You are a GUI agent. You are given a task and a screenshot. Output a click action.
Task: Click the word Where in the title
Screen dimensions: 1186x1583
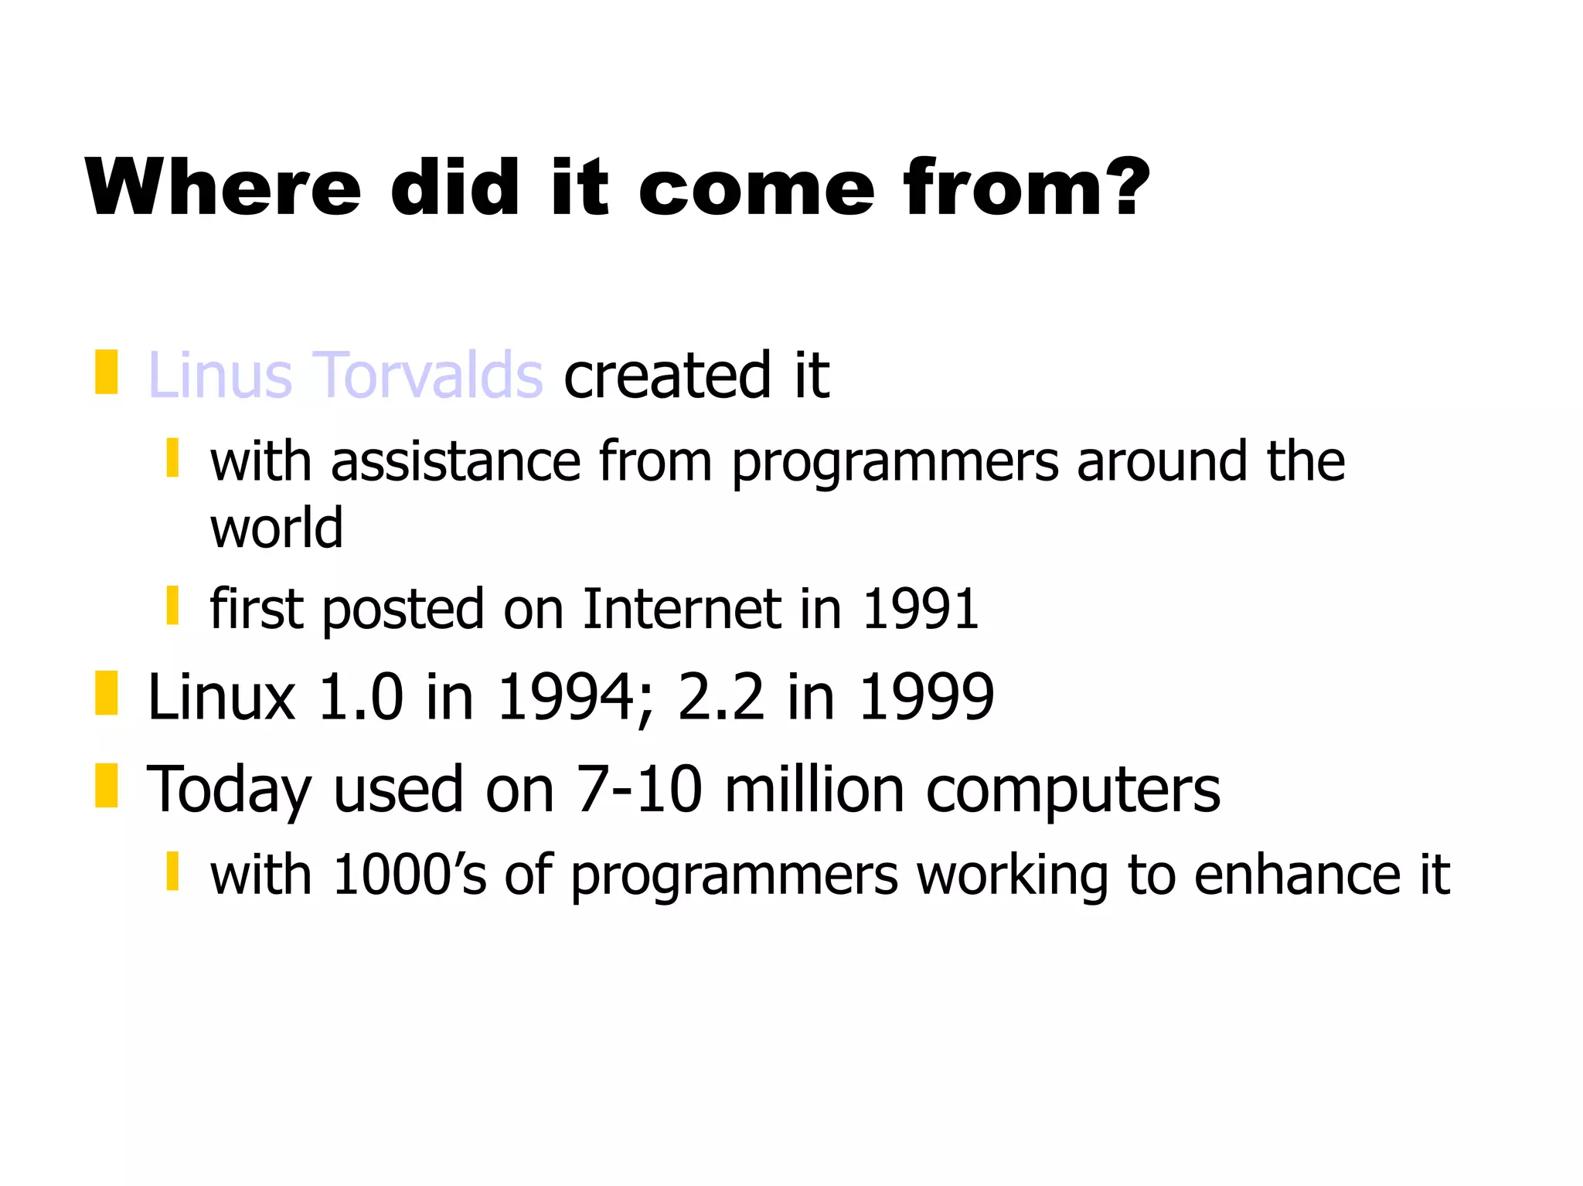click(x=223, y=187)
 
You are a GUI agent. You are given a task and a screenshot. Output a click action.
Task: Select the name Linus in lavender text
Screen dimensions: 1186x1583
click(x=220, y=376)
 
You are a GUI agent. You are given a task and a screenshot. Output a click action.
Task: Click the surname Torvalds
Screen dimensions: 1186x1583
click(x=428, y=376)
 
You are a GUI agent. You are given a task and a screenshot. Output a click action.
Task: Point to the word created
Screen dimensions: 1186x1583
click(x=666, y=376)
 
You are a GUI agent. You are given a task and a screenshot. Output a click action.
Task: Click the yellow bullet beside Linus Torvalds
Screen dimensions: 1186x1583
click(x=107, y=372)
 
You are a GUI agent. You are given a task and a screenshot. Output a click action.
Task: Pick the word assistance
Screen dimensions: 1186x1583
click(x=455, y=461)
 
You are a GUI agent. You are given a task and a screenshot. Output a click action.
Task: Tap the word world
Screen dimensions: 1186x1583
click(x=276, y=528)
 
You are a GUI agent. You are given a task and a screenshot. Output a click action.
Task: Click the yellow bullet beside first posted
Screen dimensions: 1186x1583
click(x=173, y=605)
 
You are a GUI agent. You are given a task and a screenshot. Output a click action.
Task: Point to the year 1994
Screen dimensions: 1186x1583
click(x=568, y=697)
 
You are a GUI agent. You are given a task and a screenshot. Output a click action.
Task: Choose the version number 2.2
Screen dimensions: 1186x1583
click(x=720, y=697)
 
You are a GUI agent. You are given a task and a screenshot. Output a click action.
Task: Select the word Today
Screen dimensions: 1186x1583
click(x=229, y=790)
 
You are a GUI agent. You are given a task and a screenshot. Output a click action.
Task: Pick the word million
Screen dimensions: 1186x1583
click(x=815, y=790)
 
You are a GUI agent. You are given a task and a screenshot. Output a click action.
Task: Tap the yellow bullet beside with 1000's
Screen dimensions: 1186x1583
click(x=173, y=871)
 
